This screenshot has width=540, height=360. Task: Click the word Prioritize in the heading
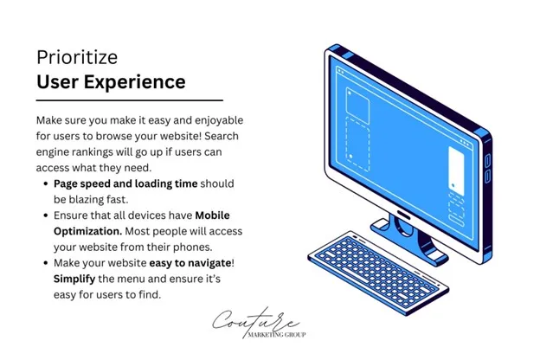(x=78, y=57)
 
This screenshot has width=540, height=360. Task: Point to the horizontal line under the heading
(x=130, y=101)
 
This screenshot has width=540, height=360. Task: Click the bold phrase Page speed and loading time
(x=125, y=183)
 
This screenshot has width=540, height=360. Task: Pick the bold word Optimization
(x=88, y=231)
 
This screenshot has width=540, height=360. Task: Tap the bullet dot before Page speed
(x=44, y=184)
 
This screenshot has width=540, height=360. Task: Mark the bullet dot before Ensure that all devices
(x=44, y=215)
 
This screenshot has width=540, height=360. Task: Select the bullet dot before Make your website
(x=44, y=263)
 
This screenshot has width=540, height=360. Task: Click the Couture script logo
(x=258, y=320)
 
